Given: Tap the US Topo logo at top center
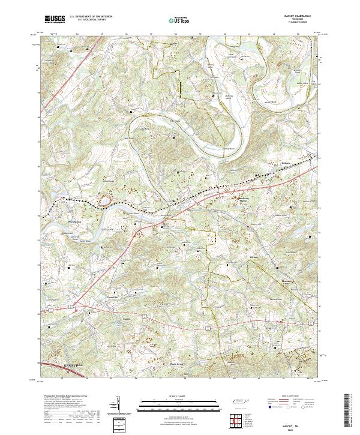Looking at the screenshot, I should [x=179, y=20].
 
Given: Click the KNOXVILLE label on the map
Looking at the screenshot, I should [x=59, y=363].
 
